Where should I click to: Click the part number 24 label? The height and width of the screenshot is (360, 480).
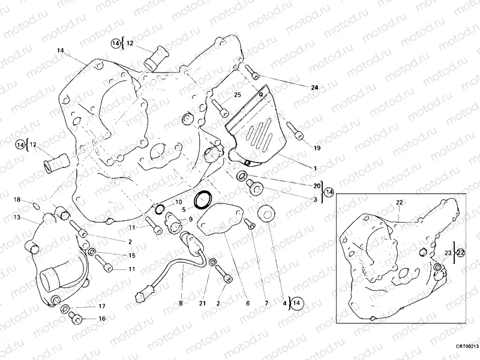pyautogui.click(x=314, y=88)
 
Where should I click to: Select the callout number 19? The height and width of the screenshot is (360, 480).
pyautogui.click(x=317, y=147)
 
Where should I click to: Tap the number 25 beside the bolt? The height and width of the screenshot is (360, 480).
pyautogui.click(x=237, y=95)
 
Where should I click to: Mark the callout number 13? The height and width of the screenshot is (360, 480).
pyautogui.click(x=17, y=217)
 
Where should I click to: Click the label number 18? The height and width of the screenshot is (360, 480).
pyautogui.click(x=18, y=199)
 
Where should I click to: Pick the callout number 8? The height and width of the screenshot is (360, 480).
pyautogui.click(x=181, y=304)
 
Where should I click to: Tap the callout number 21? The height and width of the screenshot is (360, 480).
pyautogui.click(x=203, y=304)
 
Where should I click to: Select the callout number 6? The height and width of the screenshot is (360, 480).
pyautogui.click(x=247, y=304)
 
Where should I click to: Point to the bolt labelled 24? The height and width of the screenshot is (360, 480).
pyautogui.click(x=255, y=75)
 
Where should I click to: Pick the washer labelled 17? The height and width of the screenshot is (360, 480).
pyautogui.click(x=65, y=308)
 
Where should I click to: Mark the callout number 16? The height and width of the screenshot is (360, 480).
pyautogui.click(x=102, y=319)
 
